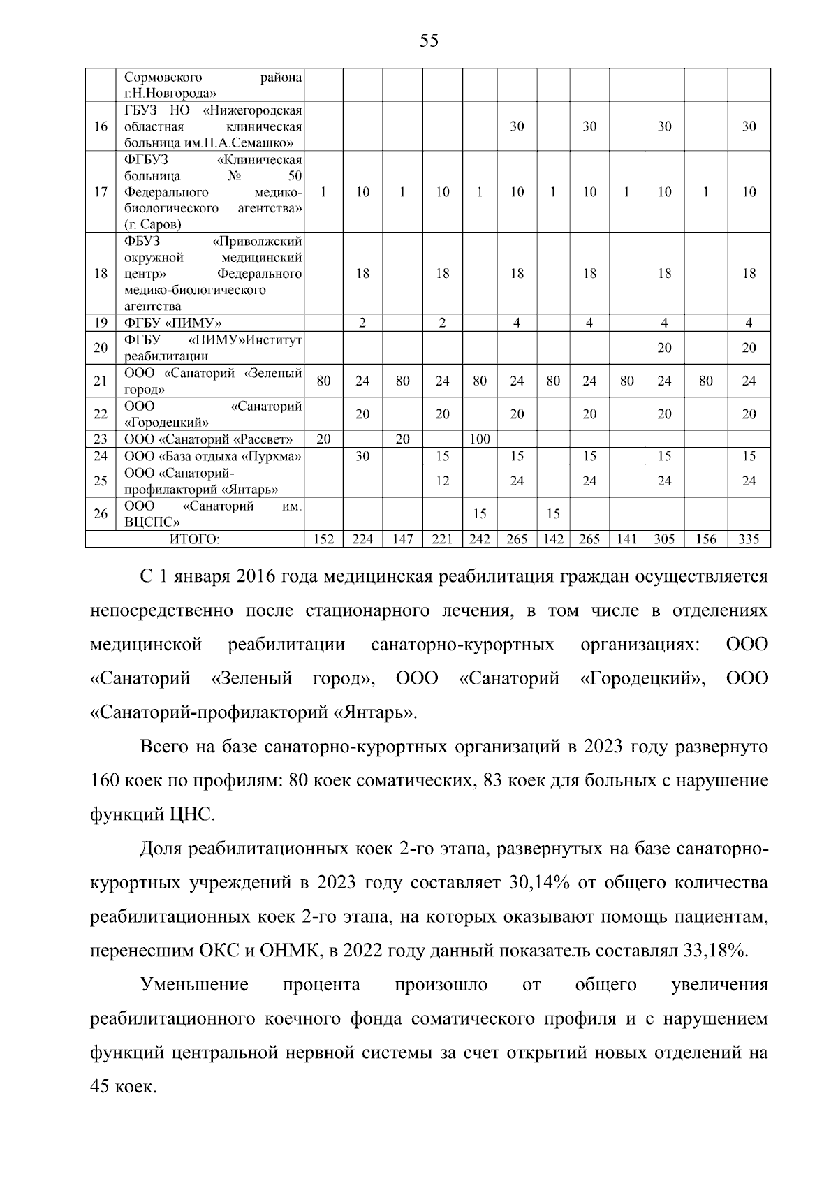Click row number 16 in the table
tap(101, 126)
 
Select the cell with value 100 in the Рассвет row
tap(480, 439)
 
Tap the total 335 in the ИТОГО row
tap(749, 539)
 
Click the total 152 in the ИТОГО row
tap(324, 539)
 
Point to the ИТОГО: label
tap(195, 539)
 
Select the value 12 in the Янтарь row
tap(443, 481)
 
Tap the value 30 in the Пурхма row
tap(362, 456)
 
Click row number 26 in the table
tap(101, 514)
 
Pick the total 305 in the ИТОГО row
tap(664, 539)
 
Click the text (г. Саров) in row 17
tap(153, 225)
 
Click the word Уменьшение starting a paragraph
tap(194, 985)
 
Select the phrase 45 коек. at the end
tap(124, 1087)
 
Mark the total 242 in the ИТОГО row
tap(480, 539)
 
